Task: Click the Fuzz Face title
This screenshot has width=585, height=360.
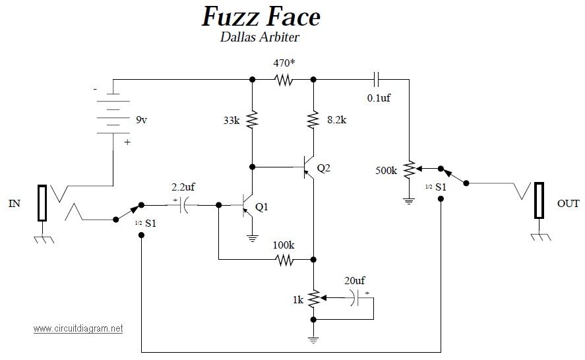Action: pyautogui.click(x=261, y=17)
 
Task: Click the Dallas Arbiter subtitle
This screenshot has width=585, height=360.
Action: pyautogui.click(x=260, y=37)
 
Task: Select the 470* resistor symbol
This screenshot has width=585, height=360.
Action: pyautogui.click(x=284, y=80)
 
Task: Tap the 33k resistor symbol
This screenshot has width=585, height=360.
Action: pyautogui.click(x=252, y=119)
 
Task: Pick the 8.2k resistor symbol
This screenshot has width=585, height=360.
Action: pyautogui.click(x=313, y=119)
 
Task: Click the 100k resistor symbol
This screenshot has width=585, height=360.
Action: pyautogui.click(x=284, y=260)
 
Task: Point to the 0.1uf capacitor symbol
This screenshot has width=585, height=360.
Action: pyautogui.click(x=377, y=80)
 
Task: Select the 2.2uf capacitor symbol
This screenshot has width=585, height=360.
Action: pyautogui.click(x=183, y=205)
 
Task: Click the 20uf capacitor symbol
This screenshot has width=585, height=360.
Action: pyautogui.click(x=355, y=298)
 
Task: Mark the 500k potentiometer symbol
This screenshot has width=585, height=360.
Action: pyautogui.click(x=410, y=169)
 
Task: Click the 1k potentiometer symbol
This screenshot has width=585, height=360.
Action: pyautogui.click(x=314, y=298)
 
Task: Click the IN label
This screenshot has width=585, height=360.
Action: pyautogui.click(x=15, y=204)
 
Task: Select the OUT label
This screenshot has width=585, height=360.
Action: pyautogui.click(x=569, y=204)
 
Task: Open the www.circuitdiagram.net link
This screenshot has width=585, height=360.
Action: pyautogui.click(x=78, y=328)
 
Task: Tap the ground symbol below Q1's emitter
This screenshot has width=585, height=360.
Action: pyautogui.click(x=253, y=239)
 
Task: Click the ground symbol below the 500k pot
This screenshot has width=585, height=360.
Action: pyautogui.click(x=410, y=202)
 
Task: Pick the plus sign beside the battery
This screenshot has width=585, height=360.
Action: pyautogui.click(x=127, y=142)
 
